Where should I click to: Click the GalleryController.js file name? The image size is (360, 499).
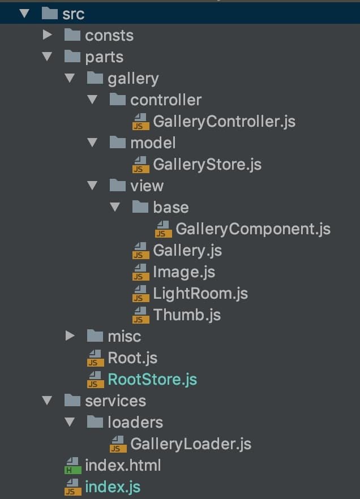click(x=224, y=121)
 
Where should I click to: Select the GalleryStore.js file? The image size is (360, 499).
click(x=207, y=164)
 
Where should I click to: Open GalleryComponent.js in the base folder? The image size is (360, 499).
click(x=253, y=229)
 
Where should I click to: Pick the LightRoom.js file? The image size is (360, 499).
click(x=200, y=293)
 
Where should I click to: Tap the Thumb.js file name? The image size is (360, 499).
click(x=187, y=315)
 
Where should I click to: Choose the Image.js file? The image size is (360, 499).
click(x=184, y=272)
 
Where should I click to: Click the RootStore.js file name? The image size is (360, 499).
click(x=152, y=379)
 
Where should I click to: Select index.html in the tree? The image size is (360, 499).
click(x=123, y=465)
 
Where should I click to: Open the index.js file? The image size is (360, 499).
click(x=113, y=487)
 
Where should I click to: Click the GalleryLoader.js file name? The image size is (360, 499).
click(x=191, y=444)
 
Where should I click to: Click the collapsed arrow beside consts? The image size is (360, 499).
click(x=48, y=35)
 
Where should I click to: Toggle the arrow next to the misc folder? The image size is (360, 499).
click(x=70, y=336)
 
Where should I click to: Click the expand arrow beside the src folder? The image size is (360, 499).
click(x=24, y=14)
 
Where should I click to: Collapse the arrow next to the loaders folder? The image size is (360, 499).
click(x=70, y=422)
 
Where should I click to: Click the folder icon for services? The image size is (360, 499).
click(x=72, y=401)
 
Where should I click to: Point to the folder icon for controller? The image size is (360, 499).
click(x=118, y=100)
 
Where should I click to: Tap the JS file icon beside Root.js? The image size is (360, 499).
click(x=95, y=358)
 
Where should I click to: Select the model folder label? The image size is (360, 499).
click(x=153, y=143)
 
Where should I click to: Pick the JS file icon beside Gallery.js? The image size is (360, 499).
click(x=140, y=251)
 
